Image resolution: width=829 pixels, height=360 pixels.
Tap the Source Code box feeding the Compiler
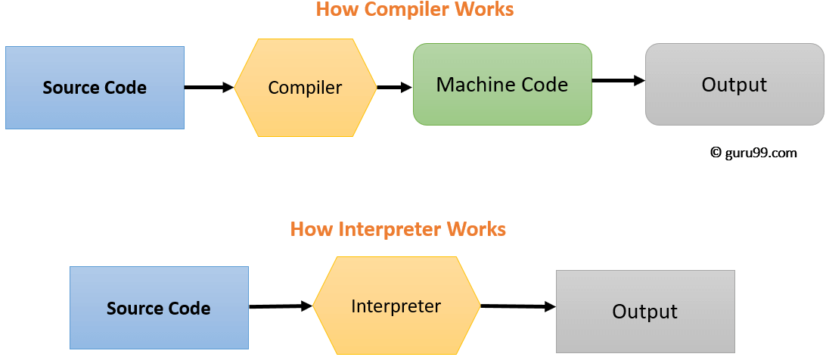(x=95, y=88)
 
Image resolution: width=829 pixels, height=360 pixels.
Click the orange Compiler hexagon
(x=305, y=88)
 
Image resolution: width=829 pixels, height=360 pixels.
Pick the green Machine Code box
(x=502, y=84)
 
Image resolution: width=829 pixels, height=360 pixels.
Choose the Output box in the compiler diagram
(x=734, y=84)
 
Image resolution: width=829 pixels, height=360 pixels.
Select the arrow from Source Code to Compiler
(x=209, y=88)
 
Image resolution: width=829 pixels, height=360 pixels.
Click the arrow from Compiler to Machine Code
(x=394, y=88)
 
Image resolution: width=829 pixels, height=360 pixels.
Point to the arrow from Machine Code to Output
(x=618, y=80)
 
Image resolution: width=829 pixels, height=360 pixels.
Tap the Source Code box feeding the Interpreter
(x=159, y=308)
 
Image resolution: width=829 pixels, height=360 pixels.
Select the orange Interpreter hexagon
(x=396, y=306)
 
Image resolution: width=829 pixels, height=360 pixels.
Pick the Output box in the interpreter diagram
(x=645, y=311)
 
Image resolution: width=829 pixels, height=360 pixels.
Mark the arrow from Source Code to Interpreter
(x=281, y=306)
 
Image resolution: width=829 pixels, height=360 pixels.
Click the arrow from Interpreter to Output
(x=518, y=306)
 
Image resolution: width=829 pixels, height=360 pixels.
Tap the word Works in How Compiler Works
(x=484, y=10)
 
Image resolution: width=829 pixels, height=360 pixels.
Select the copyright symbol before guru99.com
(x=716, y=153)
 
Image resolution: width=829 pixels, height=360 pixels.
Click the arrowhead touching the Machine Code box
(x=406, y=88)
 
